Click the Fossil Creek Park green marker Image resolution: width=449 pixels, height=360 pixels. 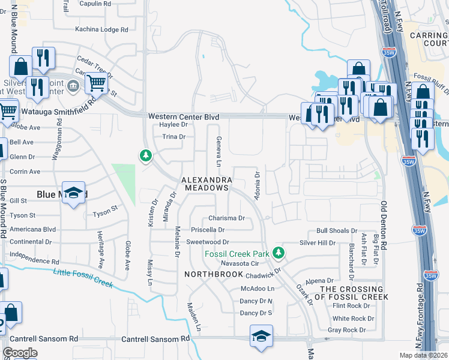(x=278, y=253)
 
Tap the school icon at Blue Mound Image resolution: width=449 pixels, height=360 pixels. (x=74, y=193)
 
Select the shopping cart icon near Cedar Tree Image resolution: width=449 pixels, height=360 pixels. (x=95, y=83)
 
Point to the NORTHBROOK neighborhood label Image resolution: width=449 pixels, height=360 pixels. (x=207, y=274)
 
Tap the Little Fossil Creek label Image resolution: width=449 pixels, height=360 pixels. (x=83, y=278)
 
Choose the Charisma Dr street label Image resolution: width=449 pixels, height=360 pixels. (x=227, y=218)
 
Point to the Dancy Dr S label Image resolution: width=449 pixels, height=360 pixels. (x=256, y=313)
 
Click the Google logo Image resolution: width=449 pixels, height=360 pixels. (x=20, y=353)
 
